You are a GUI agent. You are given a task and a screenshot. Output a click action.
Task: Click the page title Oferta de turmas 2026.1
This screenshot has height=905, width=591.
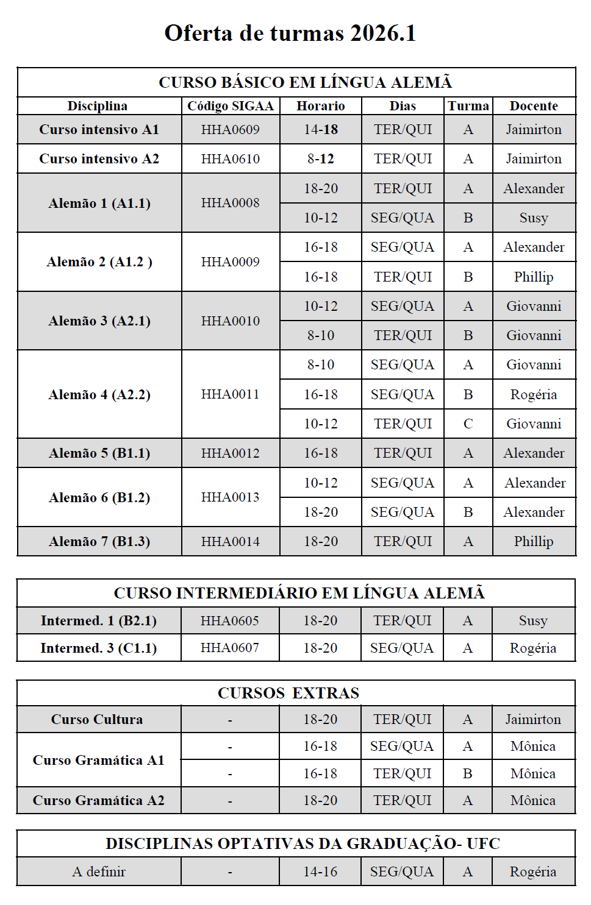pos(290,33)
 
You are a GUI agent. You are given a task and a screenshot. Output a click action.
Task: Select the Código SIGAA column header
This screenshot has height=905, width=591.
pos(230,106)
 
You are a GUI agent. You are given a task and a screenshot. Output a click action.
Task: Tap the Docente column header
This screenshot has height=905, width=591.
pos(534,106)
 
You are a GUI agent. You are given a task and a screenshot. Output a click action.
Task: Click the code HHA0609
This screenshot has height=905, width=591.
pos(230,129)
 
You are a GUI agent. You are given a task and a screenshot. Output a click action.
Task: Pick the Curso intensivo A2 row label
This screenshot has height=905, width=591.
pos(99,158)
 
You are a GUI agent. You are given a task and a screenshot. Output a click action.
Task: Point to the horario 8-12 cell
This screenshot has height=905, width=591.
pos(321,158)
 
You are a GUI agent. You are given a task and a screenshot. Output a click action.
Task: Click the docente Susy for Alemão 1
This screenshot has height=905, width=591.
pos(534,218)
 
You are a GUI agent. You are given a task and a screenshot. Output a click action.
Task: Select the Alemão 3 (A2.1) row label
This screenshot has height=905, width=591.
pos(99,321)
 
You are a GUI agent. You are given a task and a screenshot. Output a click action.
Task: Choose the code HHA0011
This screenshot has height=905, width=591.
pos(230,394)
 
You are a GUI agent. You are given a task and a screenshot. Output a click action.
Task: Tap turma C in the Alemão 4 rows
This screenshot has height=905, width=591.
pos(468,424)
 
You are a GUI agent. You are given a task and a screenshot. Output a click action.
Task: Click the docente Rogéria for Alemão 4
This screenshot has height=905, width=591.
pos(534,394)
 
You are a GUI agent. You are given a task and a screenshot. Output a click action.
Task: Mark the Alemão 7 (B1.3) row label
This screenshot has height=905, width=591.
pos(99,541)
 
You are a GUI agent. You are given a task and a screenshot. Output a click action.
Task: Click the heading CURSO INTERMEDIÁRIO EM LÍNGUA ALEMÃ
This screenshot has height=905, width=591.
pos(299,593)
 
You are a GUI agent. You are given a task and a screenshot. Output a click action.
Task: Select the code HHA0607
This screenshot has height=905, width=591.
pos(230,648)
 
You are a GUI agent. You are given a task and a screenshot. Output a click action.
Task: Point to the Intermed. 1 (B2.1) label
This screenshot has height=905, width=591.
pos(99,620)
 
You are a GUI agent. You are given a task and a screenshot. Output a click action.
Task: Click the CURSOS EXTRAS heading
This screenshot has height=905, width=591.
pos(288,693)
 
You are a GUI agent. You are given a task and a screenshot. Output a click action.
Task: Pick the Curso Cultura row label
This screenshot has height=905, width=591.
pos(97,719)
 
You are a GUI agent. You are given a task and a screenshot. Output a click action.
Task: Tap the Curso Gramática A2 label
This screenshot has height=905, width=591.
pos(99,800)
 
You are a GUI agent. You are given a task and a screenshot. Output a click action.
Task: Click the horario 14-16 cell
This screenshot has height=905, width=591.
pos(320,871)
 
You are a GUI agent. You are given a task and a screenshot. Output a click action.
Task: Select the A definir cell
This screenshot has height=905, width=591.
pos(99,871)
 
